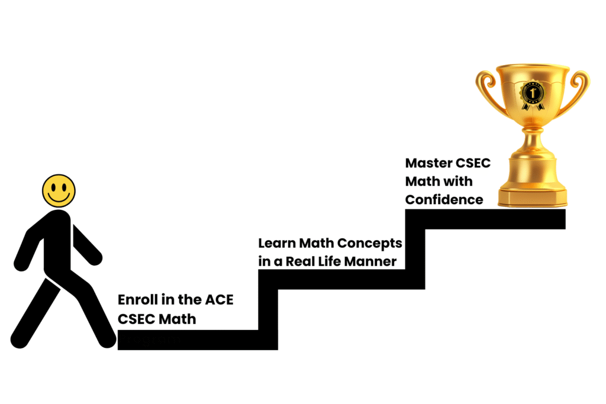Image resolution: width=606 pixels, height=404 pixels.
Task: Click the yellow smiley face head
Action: [59, 190]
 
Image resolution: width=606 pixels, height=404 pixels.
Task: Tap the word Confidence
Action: [444, 200]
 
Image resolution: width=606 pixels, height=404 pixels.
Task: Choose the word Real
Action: [303, 261]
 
